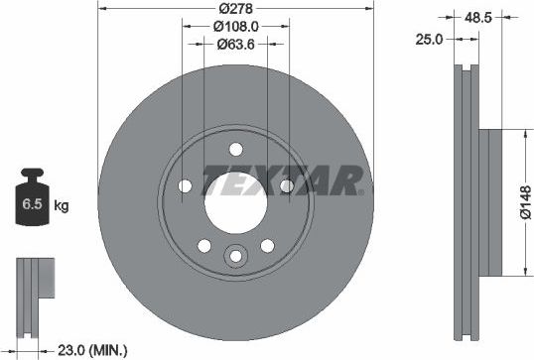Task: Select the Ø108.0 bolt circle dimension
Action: [x=236, y=27]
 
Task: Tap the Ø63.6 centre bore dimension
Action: [x=236, y=44]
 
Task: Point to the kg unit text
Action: [x=61, y=206]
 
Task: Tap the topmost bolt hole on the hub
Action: [x=236, y=149]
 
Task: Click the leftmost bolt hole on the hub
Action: [x=186, y=186]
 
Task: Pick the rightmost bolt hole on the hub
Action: [x=286, y=186]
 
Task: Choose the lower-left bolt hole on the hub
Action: [x=204, y=246]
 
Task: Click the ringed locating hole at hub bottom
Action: [x=236, y=257]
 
